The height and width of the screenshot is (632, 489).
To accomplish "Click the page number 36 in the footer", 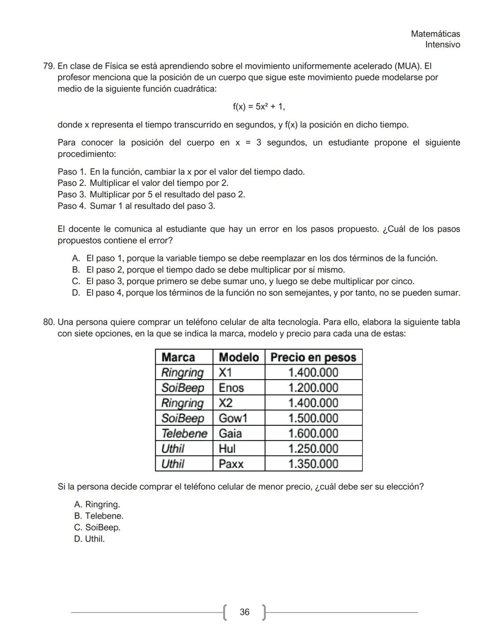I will coord(244,612).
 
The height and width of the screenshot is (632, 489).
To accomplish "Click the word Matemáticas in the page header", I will coord(435,34).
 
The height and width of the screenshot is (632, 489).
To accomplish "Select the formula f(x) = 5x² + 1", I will coord(259,107).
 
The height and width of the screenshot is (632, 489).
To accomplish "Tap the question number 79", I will coord(48,66).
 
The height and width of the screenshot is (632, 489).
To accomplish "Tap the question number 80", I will coord(48,322).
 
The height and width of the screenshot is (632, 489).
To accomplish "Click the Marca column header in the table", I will coord(178,357).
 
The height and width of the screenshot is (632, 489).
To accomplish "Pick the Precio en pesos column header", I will coord(313,357).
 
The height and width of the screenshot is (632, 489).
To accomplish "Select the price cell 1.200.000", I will coord(313,388).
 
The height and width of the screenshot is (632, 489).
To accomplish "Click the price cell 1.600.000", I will coord(313,433).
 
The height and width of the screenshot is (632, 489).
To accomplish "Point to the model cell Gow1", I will coord(233,418).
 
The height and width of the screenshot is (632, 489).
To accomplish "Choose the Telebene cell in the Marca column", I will coord(184,433).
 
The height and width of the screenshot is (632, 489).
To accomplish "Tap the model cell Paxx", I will coord(231,464).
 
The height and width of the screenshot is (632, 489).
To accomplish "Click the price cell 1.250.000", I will coord(313,448).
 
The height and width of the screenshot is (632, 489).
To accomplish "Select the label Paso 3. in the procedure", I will coord(72,195).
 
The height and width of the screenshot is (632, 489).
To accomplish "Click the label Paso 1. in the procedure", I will coord(72,172).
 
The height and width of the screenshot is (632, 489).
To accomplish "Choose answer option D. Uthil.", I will coord(89,539).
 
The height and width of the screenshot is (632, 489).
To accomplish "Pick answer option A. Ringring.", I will coord(97,504).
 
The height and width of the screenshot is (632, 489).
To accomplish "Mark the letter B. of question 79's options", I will coord(76,270).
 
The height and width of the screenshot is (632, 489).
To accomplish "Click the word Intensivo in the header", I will coord(442,45).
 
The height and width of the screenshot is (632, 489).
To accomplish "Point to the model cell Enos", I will coord(231,388).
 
